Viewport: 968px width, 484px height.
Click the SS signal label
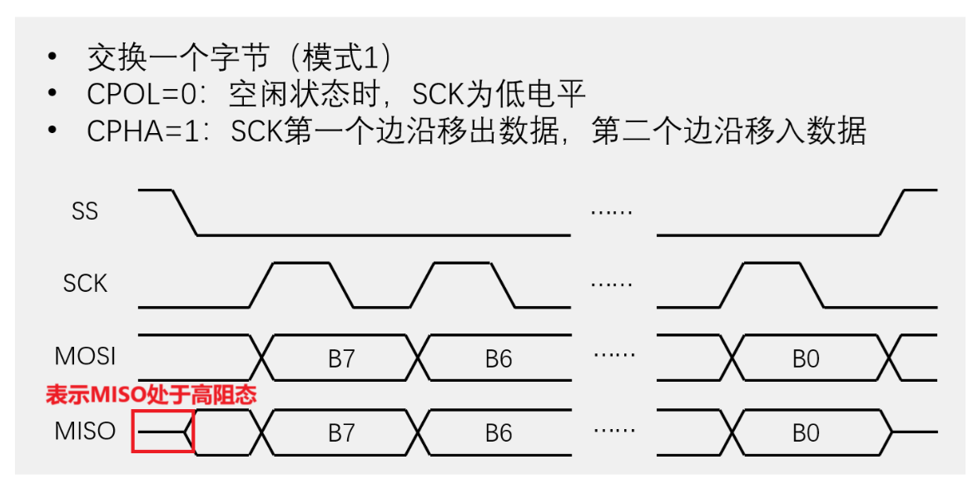point(85,211)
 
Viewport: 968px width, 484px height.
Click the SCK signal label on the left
point(85,284)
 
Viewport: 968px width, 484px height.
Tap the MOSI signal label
point(85,357)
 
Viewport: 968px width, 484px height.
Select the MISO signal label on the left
point(85,432)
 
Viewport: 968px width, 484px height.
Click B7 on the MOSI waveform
point(341,358)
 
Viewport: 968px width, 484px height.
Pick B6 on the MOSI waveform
point(499,358)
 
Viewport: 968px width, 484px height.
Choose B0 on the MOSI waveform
point(806,358)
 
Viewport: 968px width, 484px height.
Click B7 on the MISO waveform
point(341,433)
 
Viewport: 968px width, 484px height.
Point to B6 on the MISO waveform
point(499,433)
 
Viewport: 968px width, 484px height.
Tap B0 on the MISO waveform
point(806,433)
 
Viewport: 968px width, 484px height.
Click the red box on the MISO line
point(163,432)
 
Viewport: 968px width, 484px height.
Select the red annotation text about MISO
point(151,394)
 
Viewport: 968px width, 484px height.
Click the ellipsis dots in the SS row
point(612,212)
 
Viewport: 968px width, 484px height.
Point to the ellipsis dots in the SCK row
point(612,284)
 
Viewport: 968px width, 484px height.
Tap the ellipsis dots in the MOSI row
point(614,356)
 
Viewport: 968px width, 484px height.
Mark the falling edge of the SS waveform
point(185,213)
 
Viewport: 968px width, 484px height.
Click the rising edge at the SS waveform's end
point(893,213)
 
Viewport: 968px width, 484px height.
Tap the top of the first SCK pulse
point(301,263)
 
